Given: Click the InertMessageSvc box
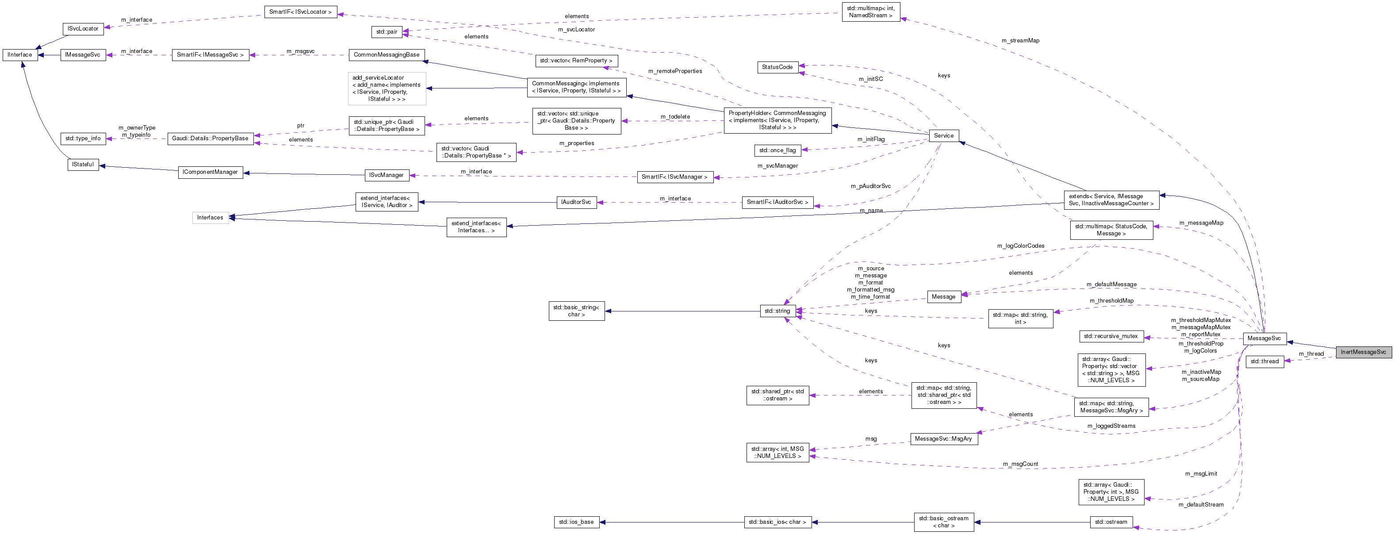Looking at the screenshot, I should (1363, 352).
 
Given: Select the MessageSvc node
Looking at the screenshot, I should (1264, 338).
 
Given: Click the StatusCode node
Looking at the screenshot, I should (777, 67).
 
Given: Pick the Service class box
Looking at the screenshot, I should (943, 135).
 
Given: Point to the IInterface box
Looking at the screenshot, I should (20, 55).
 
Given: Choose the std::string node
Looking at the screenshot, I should (777, 311).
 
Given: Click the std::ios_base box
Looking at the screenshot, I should (576, 522).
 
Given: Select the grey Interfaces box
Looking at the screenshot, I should (210, 218).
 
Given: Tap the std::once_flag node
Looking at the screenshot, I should (777, 150).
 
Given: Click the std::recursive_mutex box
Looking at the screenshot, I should (1111, 336).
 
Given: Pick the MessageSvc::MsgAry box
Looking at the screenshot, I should (943, 439).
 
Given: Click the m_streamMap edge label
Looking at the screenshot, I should (1020, 41).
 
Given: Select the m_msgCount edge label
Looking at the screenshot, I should (1020, 464).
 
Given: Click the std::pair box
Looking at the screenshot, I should (387, 32).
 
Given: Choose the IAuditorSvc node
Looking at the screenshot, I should (576, 202).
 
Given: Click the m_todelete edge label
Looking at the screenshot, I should (675, 117).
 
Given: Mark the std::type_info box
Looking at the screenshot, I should (83, 138).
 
